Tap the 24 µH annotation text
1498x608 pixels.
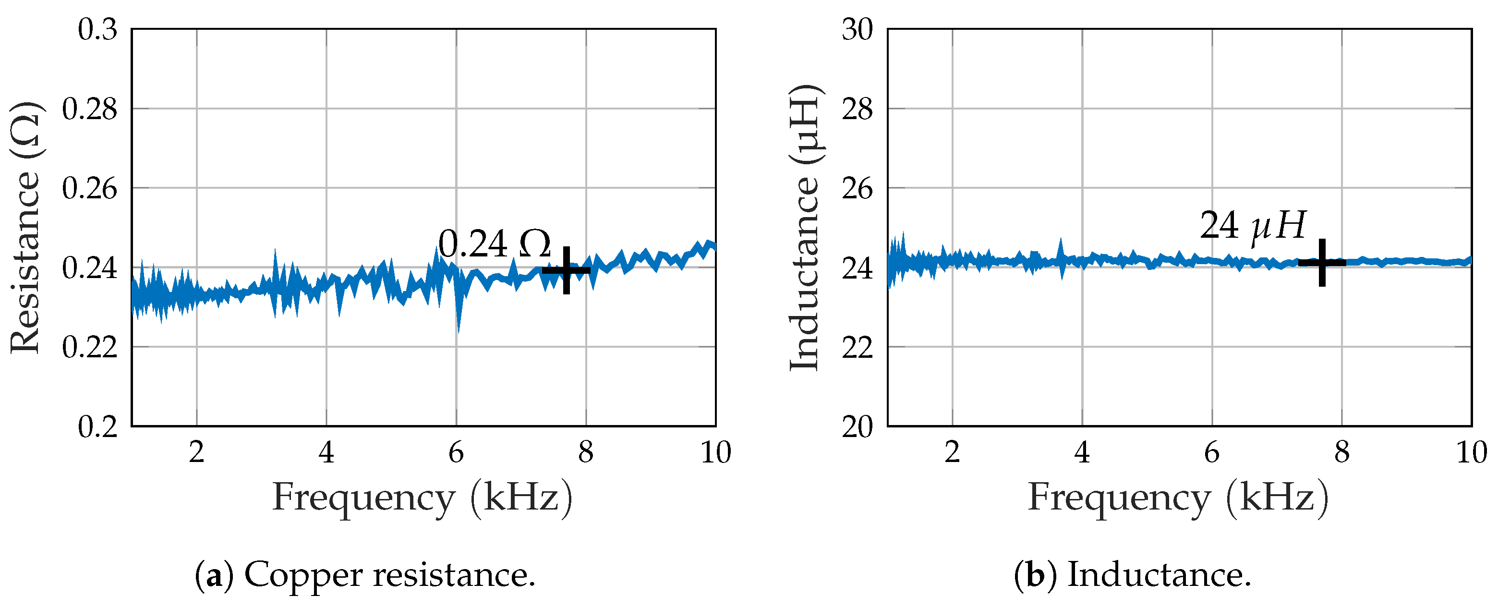pyautogui.click(x=1253, y=226)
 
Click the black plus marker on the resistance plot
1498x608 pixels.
pyautogui.click(x=566, y=270)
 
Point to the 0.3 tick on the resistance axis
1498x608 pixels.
pyautogui.click(x=97, y=29)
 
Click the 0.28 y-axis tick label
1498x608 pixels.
pyautogui.click(x=90, y=109)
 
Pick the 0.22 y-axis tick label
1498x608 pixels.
pyautogui.click(x=90, y=347)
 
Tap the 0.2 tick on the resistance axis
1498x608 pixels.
pyautogui.click(x=97, y=426)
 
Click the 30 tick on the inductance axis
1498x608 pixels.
pyautogui.click(x=857, y=29)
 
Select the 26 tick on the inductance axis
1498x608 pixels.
pyautogui.click(x=857, y=189)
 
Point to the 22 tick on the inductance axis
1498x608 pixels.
pyautogui.click(x=857, y=347)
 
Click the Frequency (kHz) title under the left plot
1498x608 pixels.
pyautogui.click(x=422, y=498)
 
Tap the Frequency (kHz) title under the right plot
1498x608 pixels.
pyautogui.click(x=1178, y=498)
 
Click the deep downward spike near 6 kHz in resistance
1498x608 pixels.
pyautogui.click(x=459, y=326)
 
